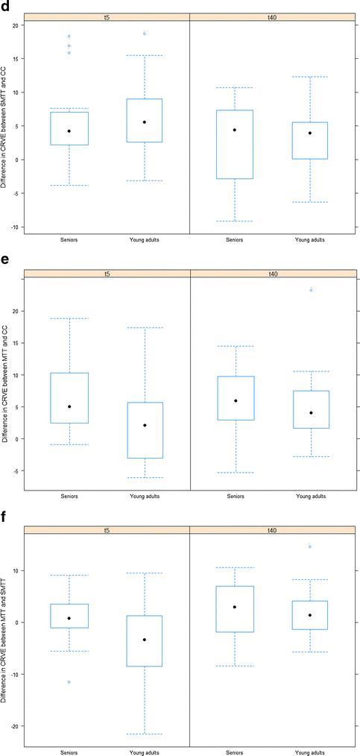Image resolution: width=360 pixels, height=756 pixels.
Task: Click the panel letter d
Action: tap(6, 6)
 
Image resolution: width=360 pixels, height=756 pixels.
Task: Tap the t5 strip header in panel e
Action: tap(107, 274)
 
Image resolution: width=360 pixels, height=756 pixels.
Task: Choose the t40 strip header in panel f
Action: tap(274, 529)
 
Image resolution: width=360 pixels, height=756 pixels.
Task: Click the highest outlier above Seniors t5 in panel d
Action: tap(69, 36)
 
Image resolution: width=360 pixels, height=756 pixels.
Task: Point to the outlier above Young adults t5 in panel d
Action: tap(145, 34)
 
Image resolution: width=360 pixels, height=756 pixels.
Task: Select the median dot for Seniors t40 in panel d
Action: tap(235, 130)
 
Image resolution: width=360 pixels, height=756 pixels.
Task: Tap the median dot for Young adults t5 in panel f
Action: tap(145, 640)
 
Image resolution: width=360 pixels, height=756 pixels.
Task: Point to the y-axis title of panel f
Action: tap(6, 638)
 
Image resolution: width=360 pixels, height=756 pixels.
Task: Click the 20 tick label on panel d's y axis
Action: tap(16, 25)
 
